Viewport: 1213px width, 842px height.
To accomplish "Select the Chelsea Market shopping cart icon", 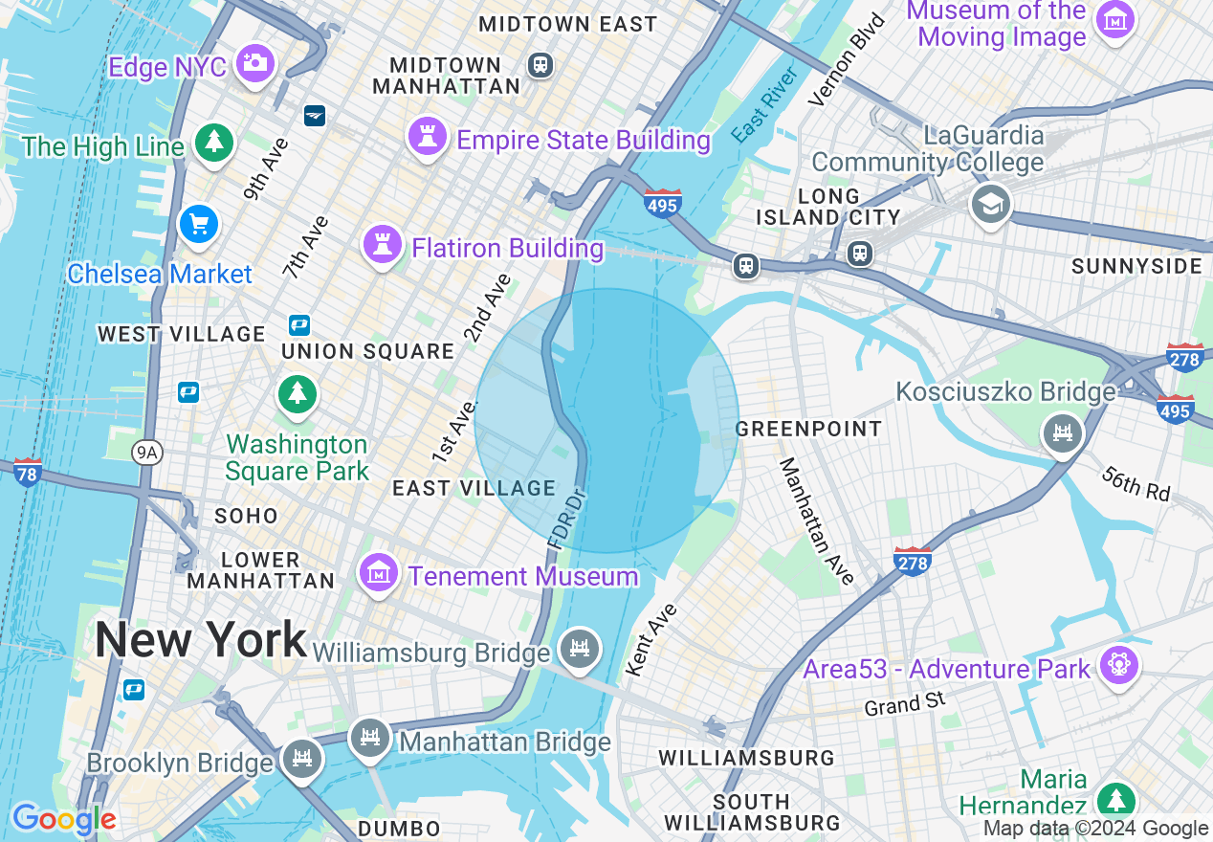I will click(199, 226).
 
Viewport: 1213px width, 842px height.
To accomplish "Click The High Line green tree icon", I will click(214, 143).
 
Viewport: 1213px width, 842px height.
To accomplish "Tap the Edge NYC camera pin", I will click(254, 63).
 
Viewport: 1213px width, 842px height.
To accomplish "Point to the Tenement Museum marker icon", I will click(379, 572).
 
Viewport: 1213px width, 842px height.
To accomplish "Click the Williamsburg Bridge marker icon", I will click(579, 648).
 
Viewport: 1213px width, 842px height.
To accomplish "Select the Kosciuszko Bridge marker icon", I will click(1062, 433).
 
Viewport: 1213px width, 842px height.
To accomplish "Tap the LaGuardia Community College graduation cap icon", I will click(991, 203).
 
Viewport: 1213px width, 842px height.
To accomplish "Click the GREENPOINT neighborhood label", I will click(808, 429).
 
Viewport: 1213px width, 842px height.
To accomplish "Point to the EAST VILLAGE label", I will click(474, 488).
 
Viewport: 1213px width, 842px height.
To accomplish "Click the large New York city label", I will click(201, 639).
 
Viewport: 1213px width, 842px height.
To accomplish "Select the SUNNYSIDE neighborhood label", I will click(1136, 266).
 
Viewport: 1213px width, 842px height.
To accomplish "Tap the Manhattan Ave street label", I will click(816, 521).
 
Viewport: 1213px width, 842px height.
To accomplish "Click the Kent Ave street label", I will click(651, 639).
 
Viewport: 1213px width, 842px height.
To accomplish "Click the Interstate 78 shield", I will click(28, 472).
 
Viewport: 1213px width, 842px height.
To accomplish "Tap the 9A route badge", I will click(146, 453).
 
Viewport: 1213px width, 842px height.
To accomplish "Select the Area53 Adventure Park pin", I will click(1116, 663).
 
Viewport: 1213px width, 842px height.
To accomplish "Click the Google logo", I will click(64, 819).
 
